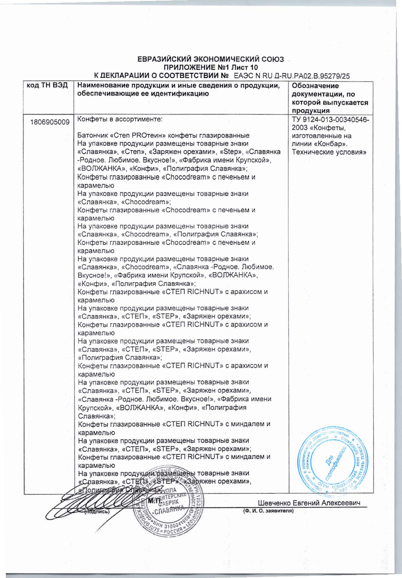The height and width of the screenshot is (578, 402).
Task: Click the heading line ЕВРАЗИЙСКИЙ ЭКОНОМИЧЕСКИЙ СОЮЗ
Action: coord(211,59)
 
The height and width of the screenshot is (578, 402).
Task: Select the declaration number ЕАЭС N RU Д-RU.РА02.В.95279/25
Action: coord(291,76)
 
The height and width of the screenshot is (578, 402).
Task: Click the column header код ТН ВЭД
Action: coord(47,85)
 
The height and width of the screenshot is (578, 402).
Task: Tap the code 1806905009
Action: coord(50,122)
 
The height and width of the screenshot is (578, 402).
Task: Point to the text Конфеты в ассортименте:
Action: coord(120,119)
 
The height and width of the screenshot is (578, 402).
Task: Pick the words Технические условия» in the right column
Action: coord(329,152)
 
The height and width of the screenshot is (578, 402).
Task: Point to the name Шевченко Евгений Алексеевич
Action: coord(309,503)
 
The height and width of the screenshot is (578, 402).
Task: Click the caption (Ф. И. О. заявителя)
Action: coord(268,511)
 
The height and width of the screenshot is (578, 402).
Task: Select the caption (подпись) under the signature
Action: coord(97,512)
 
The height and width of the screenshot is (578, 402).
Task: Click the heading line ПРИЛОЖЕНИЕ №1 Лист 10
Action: coord(211,68)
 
